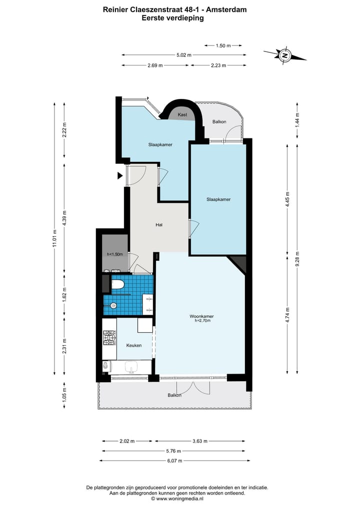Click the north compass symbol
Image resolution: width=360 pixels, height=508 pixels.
284,55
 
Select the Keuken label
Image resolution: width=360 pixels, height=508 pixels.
133,345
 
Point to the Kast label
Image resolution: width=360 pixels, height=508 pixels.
182,115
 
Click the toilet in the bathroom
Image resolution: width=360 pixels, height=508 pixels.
118,284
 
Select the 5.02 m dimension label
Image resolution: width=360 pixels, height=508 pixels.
184,55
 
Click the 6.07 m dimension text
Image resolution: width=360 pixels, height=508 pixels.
174,461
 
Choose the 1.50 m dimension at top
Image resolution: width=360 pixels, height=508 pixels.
223,45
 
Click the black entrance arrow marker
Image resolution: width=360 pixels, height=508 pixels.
120,176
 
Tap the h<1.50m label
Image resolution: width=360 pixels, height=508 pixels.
114,254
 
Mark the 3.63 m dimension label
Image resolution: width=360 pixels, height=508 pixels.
199,441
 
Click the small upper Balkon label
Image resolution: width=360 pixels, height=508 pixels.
219,122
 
